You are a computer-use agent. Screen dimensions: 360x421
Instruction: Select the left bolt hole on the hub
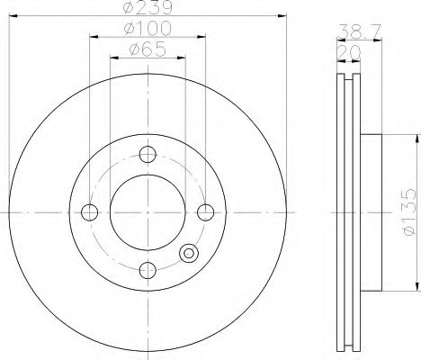point(90,212)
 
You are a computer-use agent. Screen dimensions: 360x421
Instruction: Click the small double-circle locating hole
point(188,254)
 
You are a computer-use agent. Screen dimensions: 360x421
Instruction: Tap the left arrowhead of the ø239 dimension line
point(12,17)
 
